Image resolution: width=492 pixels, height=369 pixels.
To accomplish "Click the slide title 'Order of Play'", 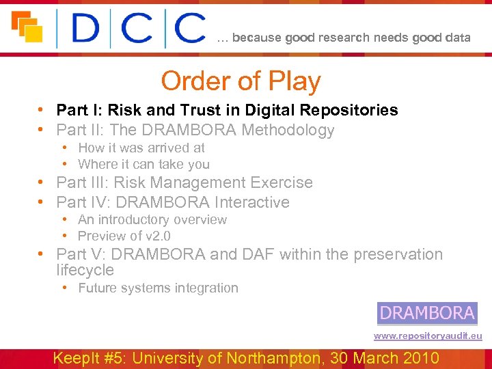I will [x=241, y=81].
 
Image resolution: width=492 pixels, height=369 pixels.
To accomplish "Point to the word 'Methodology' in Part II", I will [x=295, y=130].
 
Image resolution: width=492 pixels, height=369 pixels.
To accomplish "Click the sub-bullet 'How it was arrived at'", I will [x=141, y=148].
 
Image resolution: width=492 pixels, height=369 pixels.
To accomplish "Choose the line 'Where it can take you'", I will [x=143, y=164].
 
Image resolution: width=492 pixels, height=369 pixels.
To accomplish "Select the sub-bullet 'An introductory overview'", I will [x=152, y=219].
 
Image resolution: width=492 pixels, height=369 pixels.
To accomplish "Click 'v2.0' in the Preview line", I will [x=158, y=236].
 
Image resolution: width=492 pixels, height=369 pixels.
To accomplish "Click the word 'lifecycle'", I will [x=85, y=270].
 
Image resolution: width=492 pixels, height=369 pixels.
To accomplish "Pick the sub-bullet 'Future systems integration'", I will [x=158, y=288].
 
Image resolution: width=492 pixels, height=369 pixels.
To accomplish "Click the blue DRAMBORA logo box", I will [x=427, y=313].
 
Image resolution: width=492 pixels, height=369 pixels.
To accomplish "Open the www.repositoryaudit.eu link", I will [x=427, y=336].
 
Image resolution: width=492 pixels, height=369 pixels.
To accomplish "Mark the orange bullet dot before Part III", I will [x=42, y=183].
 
